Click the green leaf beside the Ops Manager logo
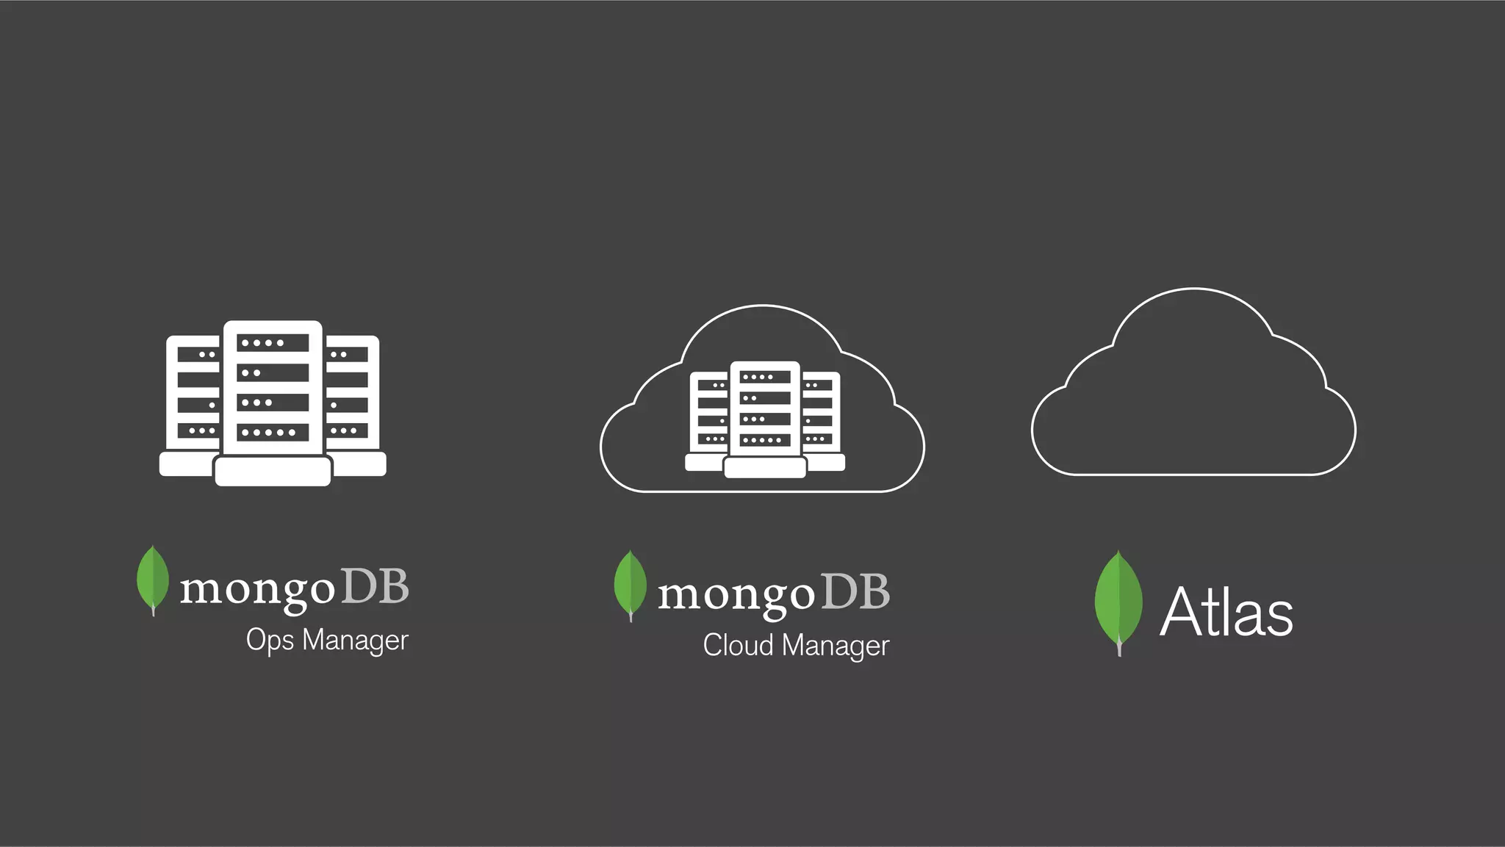(153, 579)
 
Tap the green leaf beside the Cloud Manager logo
(631, 585)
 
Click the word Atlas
(1226, 612)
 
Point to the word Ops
(270, 641)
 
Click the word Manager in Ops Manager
(356, 641)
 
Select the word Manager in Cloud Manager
(836, 646)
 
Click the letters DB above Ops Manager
(375, 586)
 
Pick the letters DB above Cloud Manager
(855, 591)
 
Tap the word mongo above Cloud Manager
(736, 594)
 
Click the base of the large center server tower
(273, 471)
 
